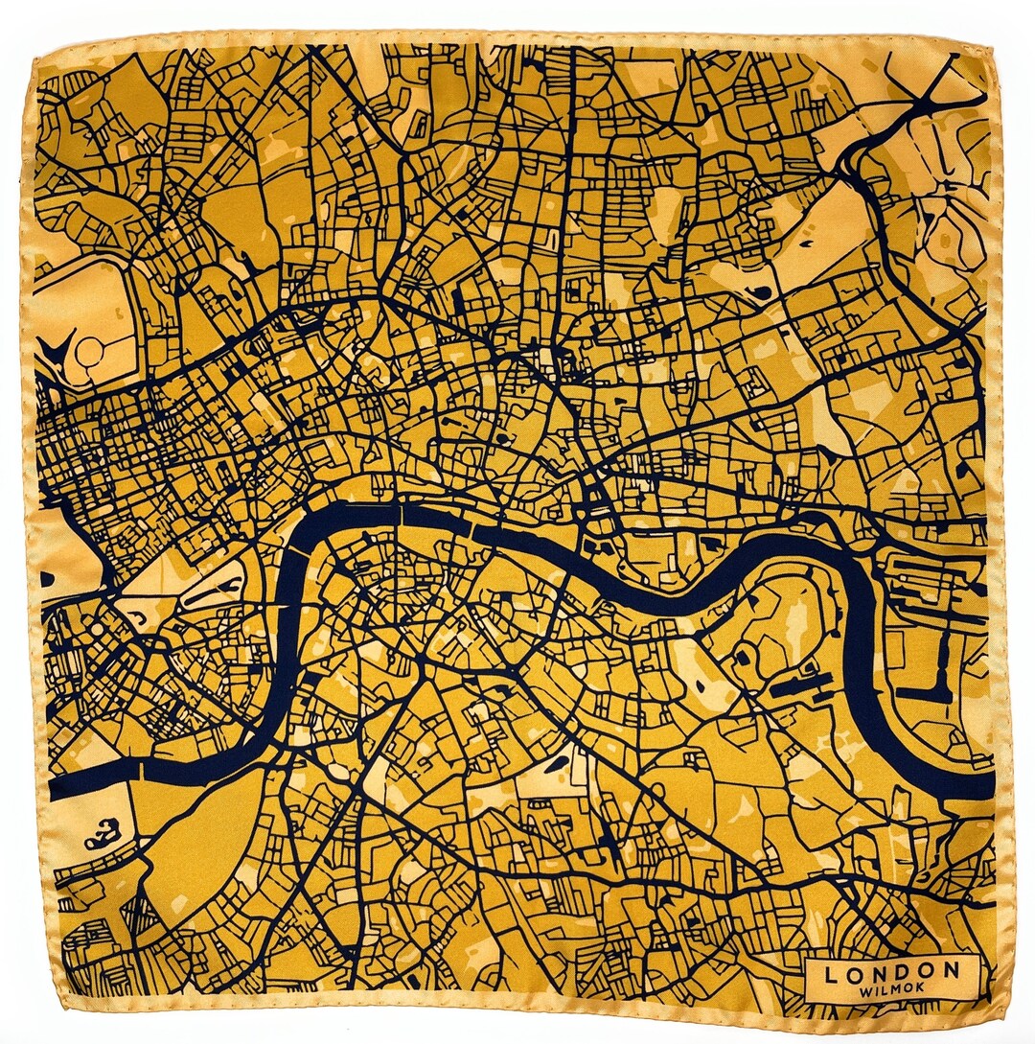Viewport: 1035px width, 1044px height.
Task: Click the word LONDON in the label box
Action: click(891, 971)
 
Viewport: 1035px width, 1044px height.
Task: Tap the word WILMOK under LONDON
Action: click(891, 989)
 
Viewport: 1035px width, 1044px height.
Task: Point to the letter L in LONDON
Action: click(831, 971)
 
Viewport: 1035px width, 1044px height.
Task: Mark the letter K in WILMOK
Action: click(918, 989)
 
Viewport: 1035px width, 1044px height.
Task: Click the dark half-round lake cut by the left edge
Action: click(47, 580)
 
